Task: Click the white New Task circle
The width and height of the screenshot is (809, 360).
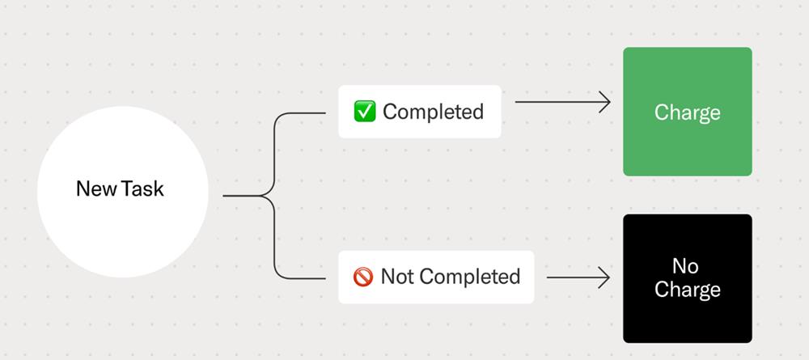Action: pyautogui.click(x=123, y=192)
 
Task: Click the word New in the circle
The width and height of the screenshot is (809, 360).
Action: pyautogui.click(x=96, y=188)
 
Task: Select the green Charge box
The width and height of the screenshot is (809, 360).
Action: pyautogui.click(x=687, y=112)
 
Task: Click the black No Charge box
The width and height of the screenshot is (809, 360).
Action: pyautogui.click(x=687, y=278)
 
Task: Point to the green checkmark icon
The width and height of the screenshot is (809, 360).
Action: pyautogui.click(x=365, y=112)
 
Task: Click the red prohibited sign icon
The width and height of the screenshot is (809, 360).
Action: pyautogui.click(x=363, y=277)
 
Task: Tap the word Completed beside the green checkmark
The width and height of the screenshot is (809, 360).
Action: pyautogui.click(x=434, y=112)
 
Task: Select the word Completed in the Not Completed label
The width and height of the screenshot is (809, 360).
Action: pyautogui.click(x=469, y=277)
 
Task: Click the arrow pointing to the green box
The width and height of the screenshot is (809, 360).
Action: pyautogui.click(x=563, y=102)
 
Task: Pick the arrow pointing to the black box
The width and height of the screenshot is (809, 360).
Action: pyautogui.click(x=578, y=277)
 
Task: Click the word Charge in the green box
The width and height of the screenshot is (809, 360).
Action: pyautogui.click(x=687, y=113)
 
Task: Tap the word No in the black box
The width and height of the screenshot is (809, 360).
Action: pyautogui.click(x=686, y=266)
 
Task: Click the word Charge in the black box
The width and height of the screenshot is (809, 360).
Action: pyautogui.click(x=687, y=290)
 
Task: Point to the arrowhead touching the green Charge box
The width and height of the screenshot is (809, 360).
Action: pyautogui.click(x=604, y=102)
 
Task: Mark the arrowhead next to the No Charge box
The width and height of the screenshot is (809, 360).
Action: pyautogui.click(x=604, y=277)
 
